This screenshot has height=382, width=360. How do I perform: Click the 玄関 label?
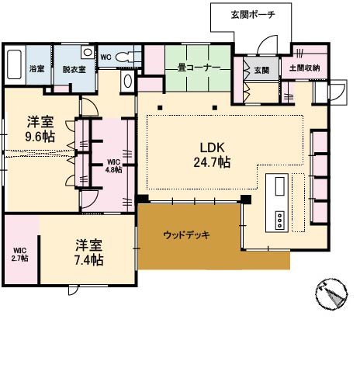(x=261, y=71)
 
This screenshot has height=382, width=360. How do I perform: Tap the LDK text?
(x=212, y=147)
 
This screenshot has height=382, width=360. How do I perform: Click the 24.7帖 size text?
(x=212, y=162)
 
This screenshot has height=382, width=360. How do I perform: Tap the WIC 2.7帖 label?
(x=19, y=254)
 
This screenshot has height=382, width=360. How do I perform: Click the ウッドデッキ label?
(x=187, y=234)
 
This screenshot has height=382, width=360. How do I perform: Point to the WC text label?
(x=106, y=57)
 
